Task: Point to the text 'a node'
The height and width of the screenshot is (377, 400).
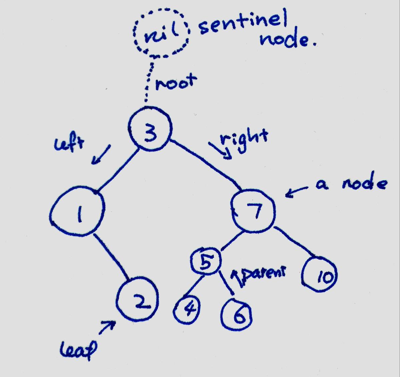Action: [x=350, y=185]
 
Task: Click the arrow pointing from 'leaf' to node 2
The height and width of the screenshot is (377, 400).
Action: [x=107, y=327]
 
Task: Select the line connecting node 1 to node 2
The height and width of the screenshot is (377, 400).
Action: [x=112, y=256]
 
